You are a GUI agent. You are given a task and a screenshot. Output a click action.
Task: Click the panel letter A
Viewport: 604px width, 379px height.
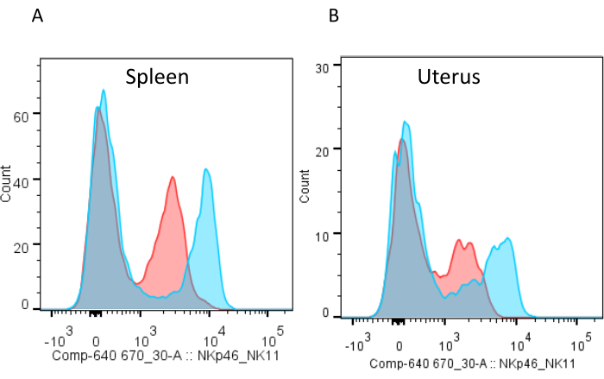37,16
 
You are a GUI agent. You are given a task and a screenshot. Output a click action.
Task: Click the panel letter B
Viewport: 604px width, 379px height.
334,16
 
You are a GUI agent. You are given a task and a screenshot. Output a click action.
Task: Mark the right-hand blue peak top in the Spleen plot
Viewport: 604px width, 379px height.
207,170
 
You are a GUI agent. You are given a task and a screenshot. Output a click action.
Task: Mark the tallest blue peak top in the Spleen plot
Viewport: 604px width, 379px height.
104,91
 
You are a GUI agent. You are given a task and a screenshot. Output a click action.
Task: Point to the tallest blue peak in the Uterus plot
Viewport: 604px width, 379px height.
406,122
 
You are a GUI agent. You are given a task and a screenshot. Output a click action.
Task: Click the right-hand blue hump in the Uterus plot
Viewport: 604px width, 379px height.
507,239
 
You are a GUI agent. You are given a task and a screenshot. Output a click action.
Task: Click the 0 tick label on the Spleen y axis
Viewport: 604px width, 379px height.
26,305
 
